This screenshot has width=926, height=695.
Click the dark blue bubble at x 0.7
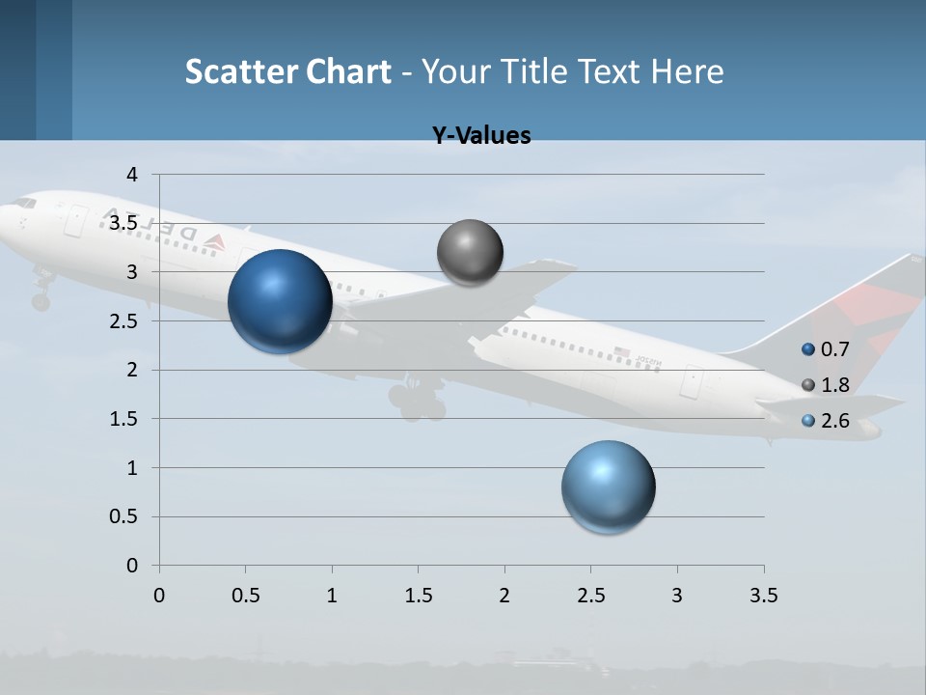pos(280,301)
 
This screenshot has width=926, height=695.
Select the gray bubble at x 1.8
pos(470,253)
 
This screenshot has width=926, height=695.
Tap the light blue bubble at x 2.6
pos(608,486)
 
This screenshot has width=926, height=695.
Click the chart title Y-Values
pos(480,136)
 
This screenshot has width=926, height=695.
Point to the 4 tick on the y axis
pos(132,175)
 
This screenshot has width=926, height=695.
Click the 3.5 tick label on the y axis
pos(124,223)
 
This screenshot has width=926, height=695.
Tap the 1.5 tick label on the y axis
pos(124,419)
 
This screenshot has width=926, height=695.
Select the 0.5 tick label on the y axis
pos(124,517)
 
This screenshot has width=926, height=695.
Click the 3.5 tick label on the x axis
pos(763,596)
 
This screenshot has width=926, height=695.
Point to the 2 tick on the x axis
pos(504,596)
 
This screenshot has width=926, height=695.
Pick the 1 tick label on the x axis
pos(332,596)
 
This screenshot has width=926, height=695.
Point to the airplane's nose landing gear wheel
pos(41,301)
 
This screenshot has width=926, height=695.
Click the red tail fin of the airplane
pos(873,309)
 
